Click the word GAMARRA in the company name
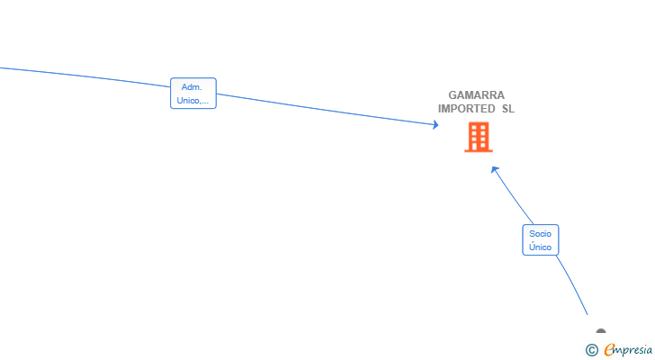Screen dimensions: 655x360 [476, 95]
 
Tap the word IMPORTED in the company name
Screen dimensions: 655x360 [467, 109]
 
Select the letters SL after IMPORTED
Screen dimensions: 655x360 [508, 109]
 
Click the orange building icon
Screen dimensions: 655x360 [479, 137]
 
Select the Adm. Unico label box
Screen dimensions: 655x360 [193, 93]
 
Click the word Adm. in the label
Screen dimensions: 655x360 [192, 87]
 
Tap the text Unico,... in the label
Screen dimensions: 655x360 [193, 100]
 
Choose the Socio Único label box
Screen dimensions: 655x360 [540, 239]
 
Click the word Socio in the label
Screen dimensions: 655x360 [540, 233]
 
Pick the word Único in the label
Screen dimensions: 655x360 [540, 247]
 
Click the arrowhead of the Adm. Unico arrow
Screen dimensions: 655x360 [435, 124]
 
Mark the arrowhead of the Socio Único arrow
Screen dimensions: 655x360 [494, 169]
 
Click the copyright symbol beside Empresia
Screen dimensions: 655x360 [591, 350]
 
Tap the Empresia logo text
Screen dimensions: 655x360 [628, 350]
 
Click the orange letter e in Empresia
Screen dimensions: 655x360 [609, 349]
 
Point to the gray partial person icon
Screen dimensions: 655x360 [601, 331]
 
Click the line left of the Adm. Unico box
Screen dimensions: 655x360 [85, 76]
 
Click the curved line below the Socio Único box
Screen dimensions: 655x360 [573, 284]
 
